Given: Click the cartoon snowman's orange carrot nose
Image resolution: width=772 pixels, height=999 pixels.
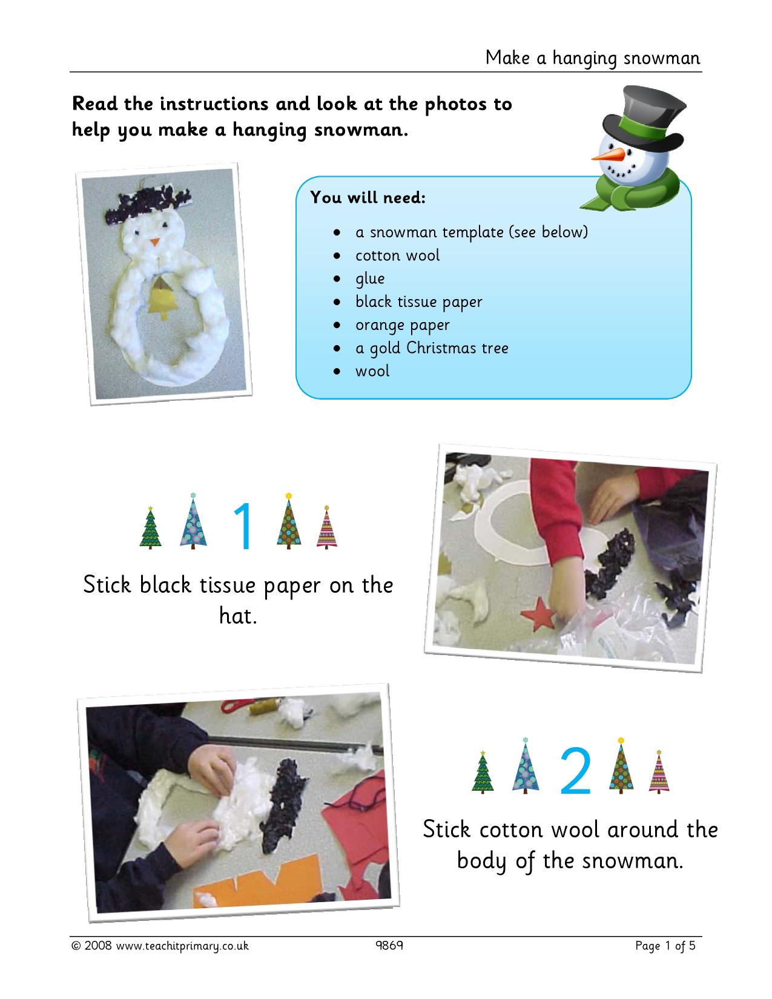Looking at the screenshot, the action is coord(608,155).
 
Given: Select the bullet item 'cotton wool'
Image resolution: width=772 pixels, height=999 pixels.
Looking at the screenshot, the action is coord(397,255).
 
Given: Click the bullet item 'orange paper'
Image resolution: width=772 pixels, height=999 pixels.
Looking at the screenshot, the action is coord(402,325).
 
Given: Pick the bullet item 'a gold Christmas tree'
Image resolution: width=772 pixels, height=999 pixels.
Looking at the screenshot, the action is coord(432,348).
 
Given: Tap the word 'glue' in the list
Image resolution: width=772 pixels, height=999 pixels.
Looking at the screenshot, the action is coord(370,279).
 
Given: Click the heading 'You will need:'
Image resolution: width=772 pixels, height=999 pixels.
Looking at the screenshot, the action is coord(368,197).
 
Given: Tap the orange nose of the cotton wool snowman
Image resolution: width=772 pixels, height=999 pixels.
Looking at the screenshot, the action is coord(155,242).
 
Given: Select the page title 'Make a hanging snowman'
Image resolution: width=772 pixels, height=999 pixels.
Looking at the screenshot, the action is coord(593,58).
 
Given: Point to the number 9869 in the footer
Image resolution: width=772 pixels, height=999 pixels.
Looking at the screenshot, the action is coord(389,945).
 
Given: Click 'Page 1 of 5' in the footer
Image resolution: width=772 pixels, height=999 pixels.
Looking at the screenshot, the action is coord(665,946).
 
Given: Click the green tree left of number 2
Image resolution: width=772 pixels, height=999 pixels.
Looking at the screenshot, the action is coord(483,773).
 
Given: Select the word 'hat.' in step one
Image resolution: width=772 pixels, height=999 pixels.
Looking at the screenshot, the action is coord(238,615).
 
